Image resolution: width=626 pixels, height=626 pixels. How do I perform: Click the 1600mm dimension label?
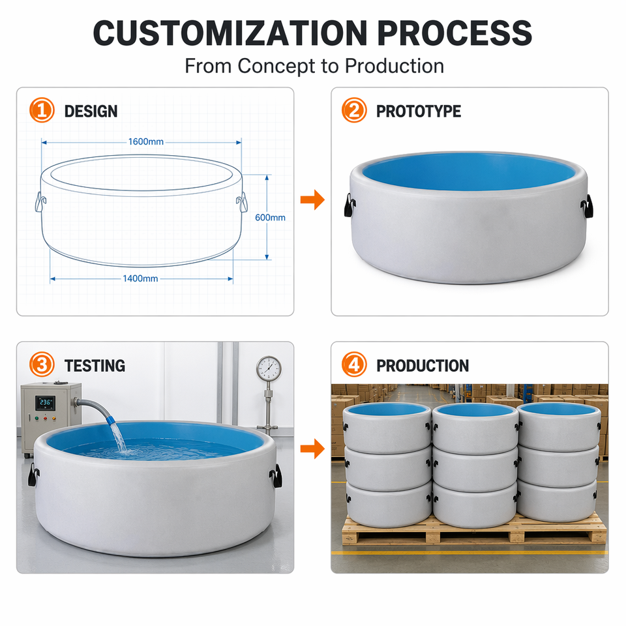tap(145, 142)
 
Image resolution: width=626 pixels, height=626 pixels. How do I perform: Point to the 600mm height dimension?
tap(270, 218)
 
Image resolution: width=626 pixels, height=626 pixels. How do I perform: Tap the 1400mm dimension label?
tap(140, 278)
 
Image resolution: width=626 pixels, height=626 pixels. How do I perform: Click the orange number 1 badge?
tap(42, 110)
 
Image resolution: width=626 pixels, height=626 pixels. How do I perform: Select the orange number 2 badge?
tap(353, 110)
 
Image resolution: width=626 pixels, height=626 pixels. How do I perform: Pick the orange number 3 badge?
tap(42, 365)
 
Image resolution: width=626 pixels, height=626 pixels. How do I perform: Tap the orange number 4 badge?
tap(353, 365)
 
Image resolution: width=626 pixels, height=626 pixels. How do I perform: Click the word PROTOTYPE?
tap(419, 112)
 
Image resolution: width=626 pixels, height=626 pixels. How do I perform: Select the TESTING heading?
tap(95, 366)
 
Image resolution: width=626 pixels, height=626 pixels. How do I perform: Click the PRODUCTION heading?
tap(423, 366)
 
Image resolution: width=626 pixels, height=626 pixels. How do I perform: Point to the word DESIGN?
tap(91, 112)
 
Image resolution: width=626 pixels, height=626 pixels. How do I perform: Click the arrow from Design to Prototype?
tap(312, 200)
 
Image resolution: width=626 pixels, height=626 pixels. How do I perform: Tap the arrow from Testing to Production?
tap(312, 449)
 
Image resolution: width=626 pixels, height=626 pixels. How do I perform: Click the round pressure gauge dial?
tap(269, 368)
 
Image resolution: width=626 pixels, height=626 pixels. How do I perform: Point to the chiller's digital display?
tap(45, 403)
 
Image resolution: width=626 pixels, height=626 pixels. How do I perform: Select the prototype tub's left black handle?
tap(350, 205)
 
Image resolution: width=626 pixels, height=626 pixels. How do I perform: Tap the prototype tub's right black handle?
tap(587, 207)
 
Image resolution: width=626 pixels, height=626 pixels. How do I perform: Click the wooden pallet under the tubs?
tap(474, 530)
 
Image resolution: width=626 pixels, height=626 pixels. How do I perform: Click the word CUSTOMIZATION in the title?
tap(230, 33)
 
